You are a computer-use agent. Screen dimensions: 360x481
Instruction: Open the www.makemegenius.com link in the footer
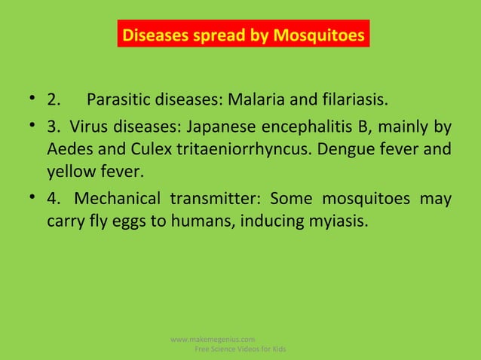tap(213, 339)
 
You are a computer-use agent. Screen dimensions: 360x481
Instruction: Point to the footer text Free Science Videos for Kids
tap(240, 350)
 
